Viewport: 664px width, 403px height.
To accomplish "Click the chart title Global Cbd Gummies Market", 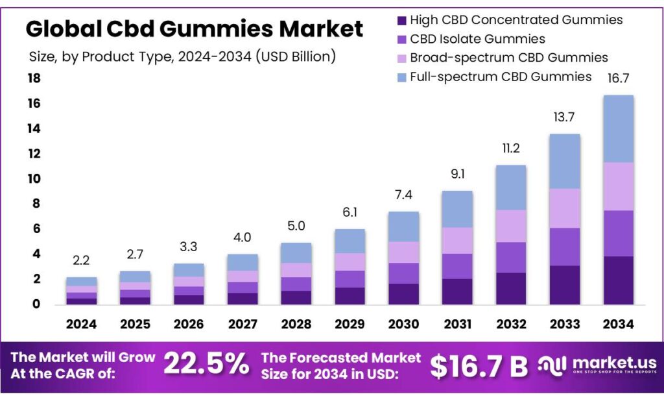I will coord(195,29).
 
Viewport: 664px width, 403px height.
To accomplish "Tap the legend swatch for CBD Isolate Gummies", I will coord(401,39).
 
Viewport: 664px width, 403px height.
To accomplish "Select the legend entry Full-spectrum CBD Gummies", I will coord(501,77).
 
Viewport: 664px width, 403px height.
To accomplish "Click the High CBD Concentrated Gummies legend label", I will coord(516,20).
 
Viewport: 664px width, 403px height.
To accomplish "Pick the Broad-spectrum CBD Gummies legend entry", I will coord(508,58).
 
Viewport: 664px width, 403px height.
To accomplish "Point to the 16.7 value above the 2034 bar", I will coord(618,79).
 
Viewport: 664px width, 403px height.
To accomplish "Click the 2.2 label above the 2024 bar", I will coord(82,261).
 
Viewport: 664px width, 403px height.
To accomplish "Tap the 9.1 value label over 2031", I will coord(457,174).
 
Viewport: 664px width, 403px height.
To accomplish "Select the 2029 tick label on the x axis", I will coord(350,324).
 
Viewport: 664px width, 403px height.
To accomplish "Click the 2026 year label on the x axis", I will coord(189,324).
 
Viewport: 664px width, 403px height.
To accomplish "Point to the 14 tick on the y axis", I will coord(34,128).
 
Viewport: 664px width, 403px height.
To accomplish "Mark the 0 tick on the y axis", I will coord(36,304).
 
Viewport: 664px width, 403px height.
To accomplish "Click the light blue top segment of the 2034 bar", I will coord(618,128).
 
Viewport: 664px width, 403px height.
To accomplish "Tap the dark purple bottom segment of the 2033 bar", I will coord(564,285).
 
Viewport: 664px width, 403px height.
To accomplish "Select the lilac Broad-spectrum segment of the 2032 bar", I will coord(511,226).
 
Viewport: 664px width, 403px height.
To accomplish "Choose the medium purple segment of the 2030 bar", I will coord(403,273).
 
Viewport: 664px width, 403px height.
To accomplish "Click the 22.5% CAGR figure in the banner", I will coord(206,365).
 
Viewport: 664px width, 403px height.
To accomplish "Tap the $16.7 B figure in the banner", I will coord(479,367).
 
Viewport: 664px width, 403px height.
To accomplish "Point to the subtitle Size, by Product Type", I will coord(182,56).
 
